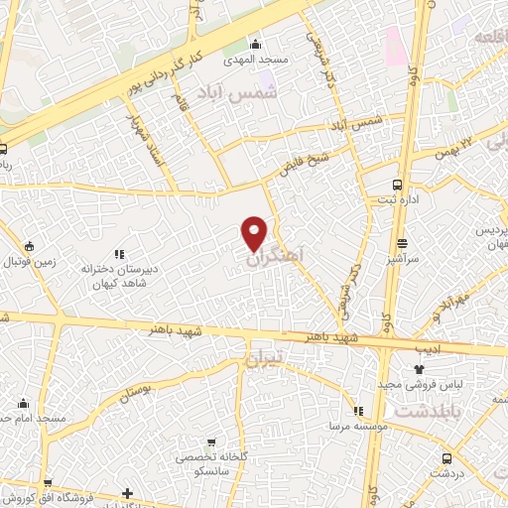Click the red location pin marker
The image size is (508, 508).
pyautogui.click(x=255, y=232)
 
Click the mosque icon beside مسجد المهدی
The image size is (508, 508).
pyautogui.click(x=256, y=44)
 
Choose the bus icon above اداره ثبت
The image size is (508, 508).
pyautogui.click(x=398, y=185)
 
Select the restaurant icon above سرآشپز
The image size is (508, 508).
pyautogui.click(x=403, y=243)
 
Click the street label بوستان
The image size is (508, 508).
pyautogui.click(x=140, y=389)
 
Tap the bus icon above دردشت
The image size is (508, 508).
pyautogui.click(x=446, y=458)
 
